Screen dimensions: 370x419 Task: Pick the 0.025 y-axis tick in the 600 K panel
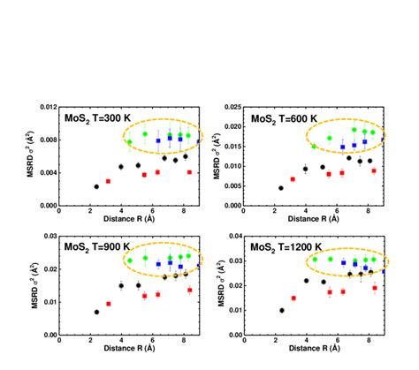pos(230,107)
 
